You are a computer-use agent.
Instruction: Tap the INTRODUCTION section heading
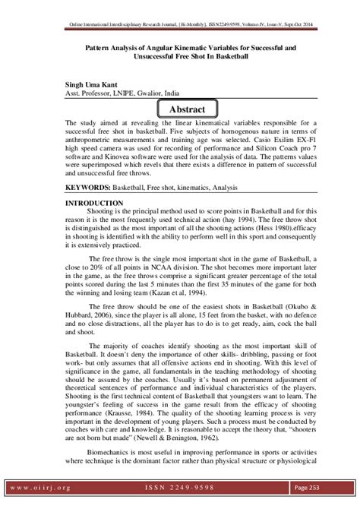tap(94, 203)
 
